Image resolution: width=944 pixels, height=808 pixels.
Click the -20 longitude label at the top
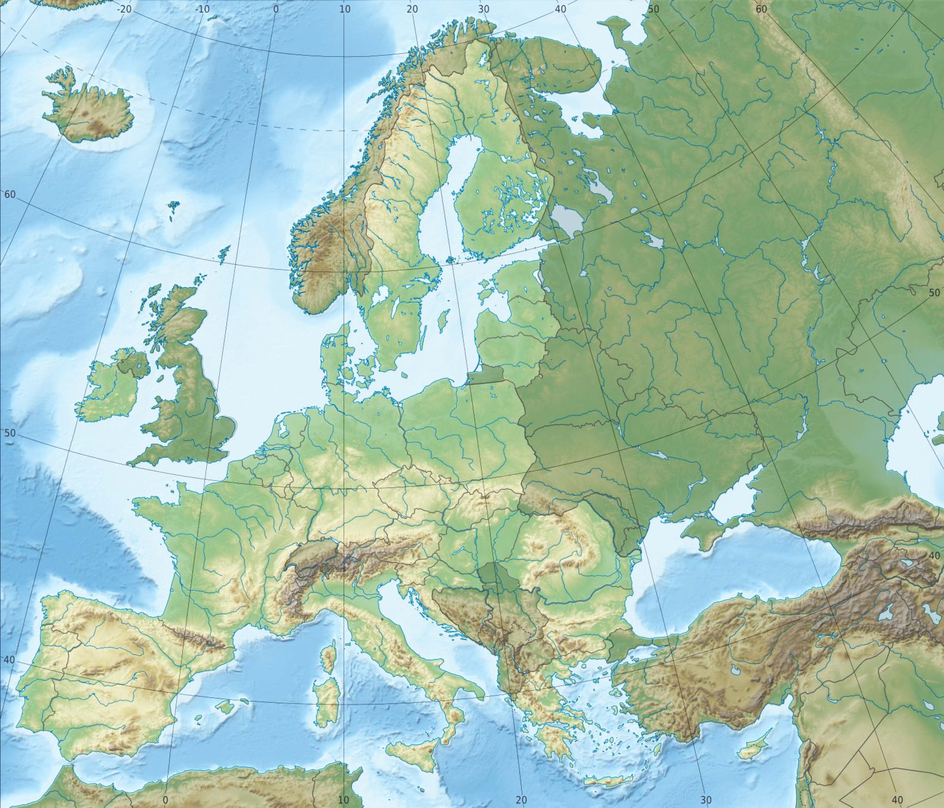pos(124,9)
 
